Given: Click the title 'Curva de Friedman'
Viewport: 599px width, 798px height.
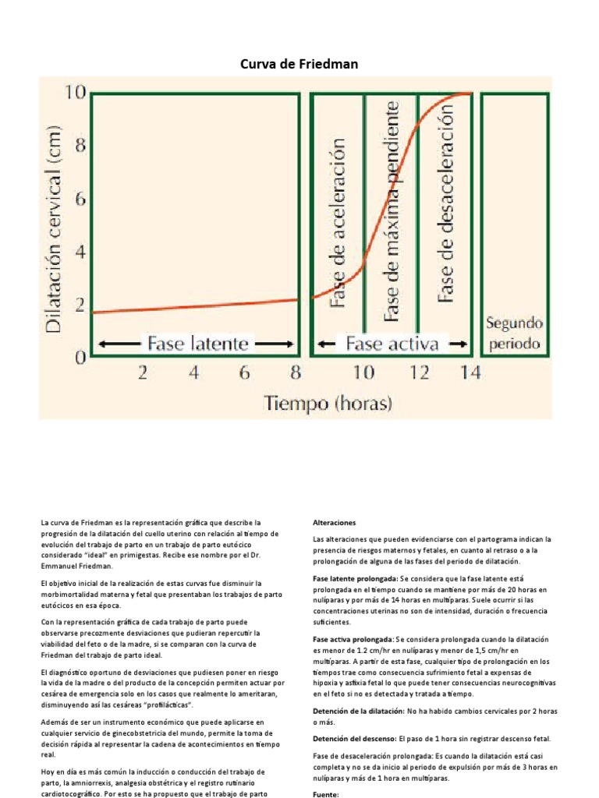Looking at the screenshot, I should click(299, 64).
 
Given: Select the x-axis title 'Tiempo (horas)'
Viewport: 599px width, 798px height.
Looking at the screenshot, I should click(328, 403).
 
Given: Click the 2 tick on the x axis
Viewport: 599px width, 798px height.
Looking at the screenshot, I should click(143, 373).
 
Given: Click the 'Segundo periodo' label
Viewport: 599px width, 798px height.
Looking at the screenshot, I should click(514, 333).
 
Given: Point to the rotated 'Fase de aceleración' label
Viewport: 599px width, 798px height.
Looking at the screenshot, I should click(339, 222).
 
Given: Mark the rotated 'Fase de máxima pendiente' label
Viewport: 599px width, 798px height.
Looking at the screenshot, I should click(392, 210).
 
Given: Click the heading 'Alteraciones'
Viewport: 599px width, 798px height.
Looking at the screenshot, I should click(334, 522).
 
